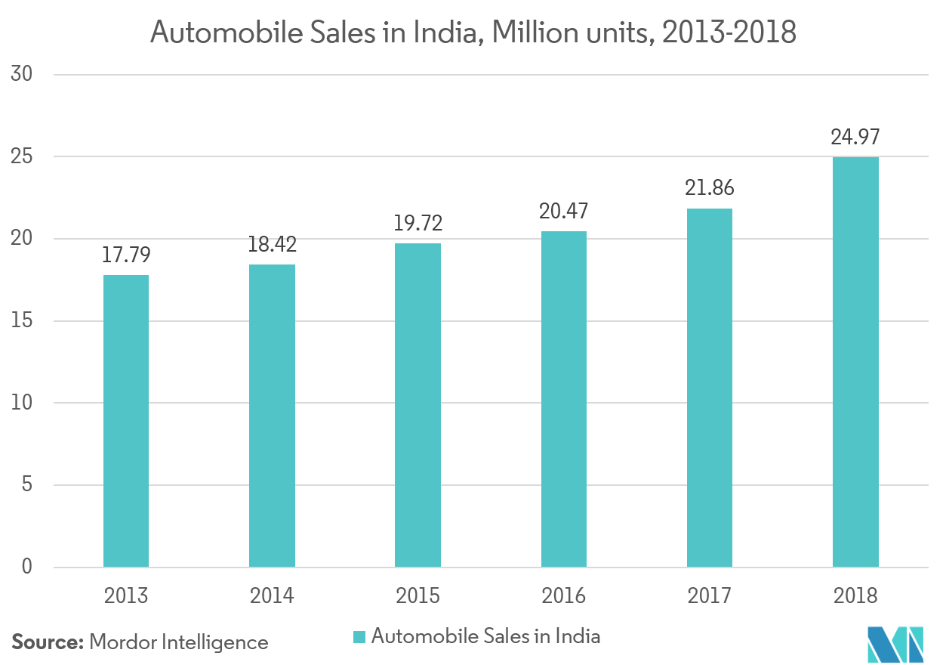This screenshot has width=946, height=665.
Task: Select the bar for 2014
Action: coord(272,415)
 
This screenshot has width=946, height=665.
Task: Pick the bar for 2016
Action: coord(563,398)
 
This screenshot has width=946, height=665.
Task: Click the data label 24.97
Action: coord(855,138)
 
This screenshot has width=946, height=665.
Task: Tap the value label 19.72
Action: coord(418,223)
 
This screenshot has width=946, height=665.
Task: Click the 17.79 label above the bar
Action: coord(126,255)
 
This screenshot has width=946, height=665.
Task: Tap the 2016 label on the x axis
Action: coord(563,596)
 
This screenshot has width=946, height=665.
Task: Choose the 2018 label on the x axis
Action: coord(855,596)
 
